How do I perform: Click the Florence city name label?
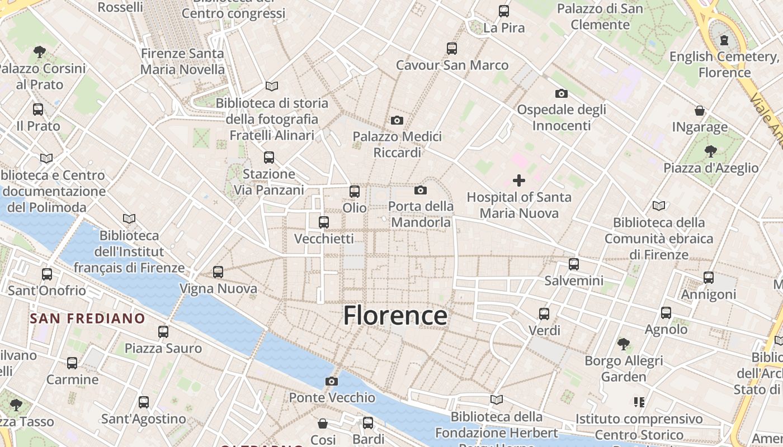(395, 316)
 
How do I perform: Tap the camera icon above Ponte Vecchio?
(332, 382)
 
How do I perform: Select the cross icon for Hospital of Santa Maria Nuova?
(519, 180)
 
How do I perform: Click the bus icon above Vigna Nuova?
(218, 272)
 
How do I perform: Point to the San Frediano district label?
(87, 319)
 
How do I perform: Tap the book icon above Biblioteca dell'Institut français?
(129, 218)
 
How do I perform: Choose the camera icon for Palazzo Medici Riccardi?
(397, 120)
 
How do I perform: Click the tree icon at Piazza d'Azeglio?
(711, 151)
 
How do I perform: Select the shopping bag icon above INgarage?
(700, 111)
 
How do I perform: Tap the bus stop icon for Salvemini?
(574, 264)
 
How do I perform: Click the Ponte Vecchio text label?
(332, 398)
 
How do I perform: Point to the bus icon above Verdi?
(544, 314)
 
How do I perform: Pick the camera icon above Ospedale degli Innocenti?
(561, 93)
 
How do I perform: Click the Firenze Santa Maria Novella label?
(182, 61)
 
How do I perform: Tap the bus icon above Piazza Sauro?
(163, 332)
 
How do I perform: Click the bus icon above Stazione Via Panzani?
(269, 158)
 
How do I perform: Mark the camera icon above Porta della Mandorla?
(421, 191)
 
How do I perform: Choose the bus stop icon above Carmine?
(72, 363)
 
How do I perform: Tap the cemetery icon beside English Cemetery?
(725, 40)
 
